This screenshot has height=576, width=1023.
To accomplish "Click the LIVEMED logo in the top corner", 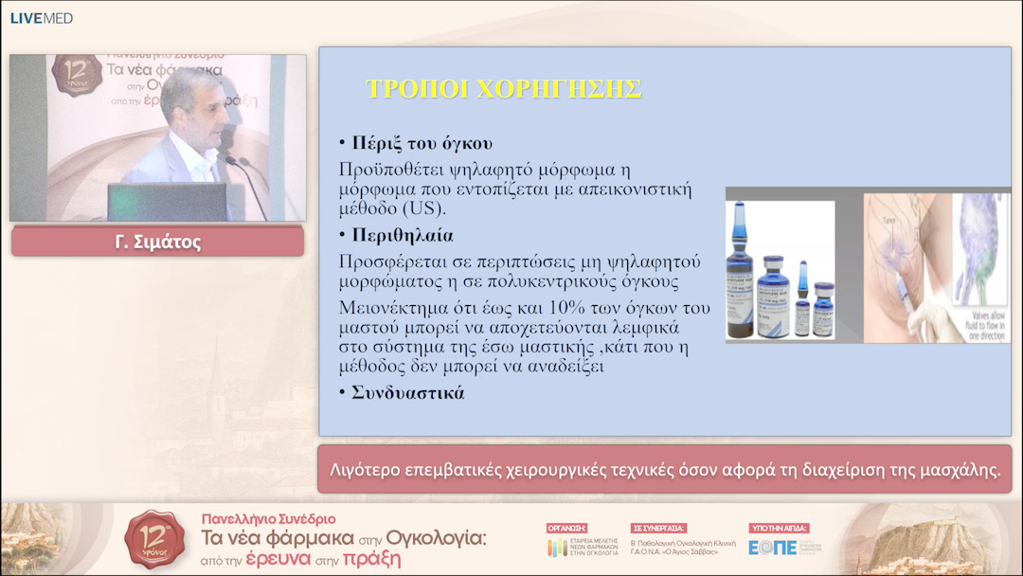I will click(41, 18).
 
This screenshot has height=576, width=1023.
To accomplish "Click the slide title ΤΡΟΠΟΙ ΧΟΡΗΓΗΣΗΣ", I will click(503, 89).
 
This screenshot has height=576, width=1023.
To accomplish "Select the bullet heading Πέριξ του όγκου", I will click(422, 144).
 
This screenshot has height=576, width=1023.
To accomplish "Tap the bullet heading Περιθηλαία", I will click(402, 234).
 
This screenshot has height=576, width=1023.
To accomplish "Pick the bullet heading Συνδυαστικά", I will click(408, 393).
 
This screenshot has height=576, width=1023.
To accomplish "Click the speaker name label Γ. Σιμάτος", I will click(157, 243).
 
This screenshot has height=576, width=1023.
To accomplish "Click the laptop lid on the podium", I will click(167, 202).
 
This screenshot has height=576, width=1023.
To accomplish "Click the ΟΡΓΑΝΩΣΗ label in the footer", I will click(567, 528).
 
